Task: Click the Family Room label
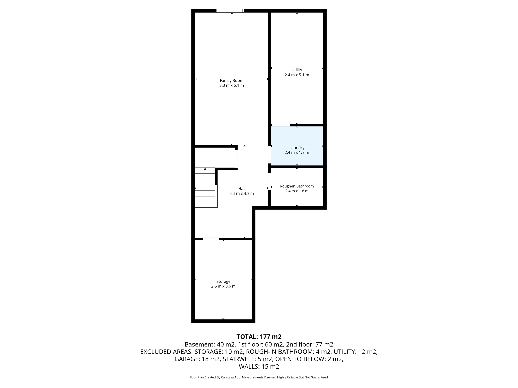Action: (231, 81)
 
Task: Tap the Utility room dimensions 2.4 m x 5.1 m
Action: (297, 75)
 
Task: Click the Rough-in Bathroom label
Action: (297, 186)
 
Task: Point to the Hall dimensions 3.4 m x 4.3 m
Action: (242, 194)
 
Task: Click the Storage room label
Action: (223, 281)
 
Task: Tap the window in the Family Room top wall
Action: (230, 11)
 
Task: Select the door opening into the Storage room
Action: (211, 239)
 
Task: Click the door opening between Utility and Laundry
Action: (281, 125)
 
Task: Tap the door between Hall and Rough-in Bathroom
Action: (270, 182)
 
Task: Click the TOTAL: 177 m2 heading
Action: (259, 337)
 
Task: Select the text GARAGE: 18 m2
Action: (197, 359)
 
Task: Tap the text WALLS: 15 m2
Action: (259, 366)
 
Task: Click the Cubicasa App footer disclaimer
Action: (259, 377)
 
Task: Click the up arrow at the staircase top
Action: (205, 169)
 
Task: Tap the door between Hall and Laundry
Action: (270, 155)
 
